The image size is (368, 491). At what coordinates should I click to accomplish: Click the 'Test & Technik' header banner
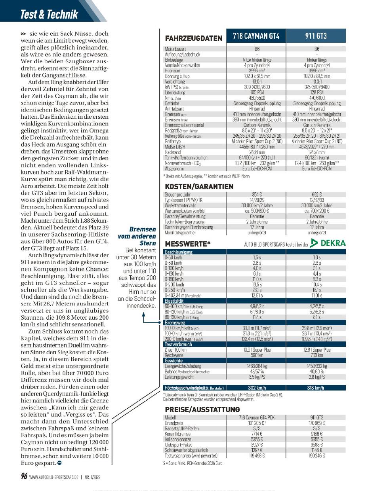point(50,15)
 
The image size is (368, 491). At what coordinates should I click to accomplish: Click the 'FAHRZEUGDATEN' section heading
point(193,38)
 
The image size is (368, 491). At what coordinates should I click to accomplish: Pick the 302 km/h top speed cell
point(256,388)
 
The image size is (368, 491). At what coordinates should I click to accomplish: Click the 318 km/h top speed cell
point(316,388)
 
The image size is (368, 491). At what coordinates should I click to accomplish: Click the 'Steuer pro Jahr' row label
point(177,194)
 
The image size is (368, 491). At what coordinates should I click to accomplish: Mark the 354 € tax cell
point(256,194)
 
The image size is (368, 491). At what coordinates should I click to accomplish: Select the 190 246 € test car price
point(316,456)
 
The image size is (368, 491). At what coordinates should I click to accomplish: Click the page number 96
point(24,476)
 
